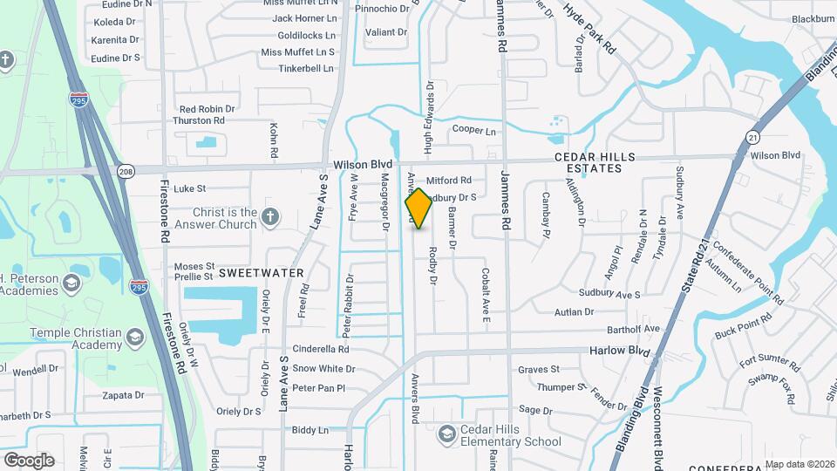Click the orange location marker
pyautogui.click(x=418, y=208)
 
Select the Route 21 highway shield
pyautogui.click(x=752, y=137)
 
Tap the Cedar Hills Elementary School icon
pyautogui.click(x=447, y=433)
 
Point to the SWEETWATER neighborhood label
pyautogui.click(x=261, y=273)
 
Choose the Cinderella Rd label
pyautogui.click(x=320, y=349)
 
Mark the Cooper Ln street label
pyautogui.click(x=473, y=131)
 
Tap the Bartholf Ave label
pyautogui.click(x=634, y=329)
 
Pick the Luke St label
pyautogui.click(x=189, y=188)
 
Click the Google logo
pyautogui.click(x=29, y=460)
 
